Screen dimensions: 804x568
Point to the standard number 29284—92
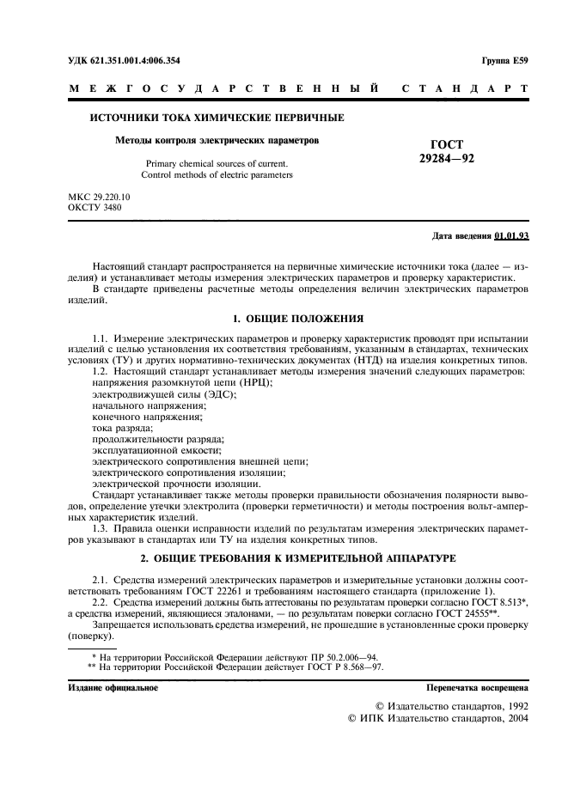446,160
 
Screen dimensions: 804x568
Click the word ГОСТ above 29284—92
446,145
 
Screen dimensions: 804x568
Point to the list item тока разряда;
123,427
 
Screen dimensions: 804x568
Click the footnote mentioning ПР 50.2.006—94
241,655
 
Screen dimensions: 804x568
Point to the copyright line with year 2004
437,718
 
